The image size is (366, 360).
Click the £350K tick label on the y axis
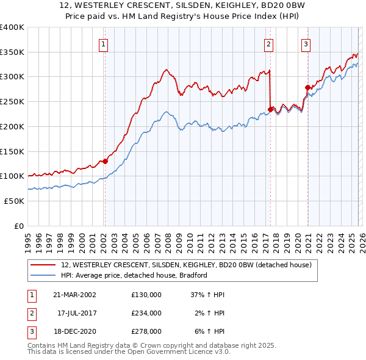tap(12, 52)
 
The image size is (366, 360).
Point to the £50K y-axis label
tap(14, 201)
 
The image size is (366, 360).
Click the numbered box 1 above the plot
tap(104, 44)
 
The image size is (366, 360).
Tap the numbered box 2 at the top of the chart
tap(268, 44)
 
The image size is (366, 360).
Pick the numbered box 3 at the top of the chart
tap(306, 44)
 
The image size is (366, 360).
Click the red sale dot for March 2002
tap(105, 161)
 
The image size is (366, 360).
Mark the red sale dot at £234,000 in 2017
tap(270, 110)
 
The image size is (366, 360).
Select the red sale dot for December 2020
tap(307, 88)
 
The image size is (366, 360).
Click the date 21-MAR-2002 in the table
tap(74, 294)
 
